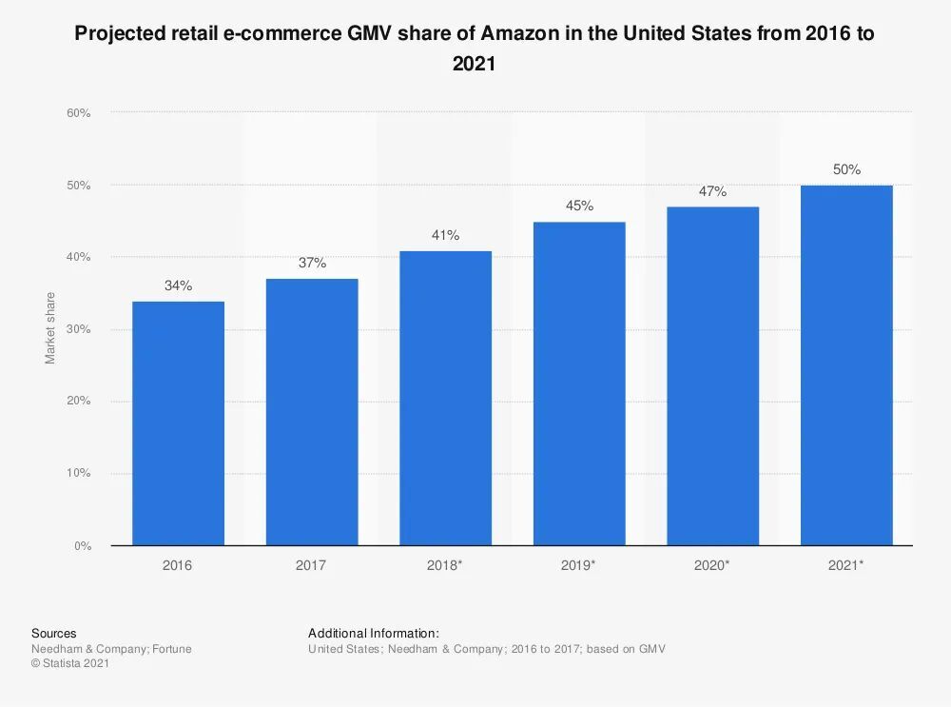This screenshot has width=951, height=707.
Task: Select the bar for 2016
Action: pos(178,423)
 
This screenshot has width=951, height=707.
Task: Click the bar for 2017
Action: pos(312,412)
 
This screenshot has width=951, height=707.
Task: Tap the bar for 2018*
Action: pos(445,398)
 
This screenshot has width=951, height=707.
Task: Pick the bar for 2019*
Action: pos(579,383)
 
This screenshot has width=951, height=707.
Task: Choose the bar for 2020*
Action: pos(712,376)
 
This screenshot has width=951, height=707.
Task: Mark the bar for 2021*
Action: pos(846,365)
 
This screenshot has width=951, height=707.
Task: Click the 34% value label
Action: pos(178,285)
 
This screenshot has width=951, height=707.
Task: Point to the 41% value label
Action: pos(445,235)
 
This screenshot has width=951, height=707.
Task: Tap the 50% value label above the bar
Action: pos(846,169)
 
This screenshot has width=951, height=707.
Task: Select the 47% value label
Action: pos(712,191)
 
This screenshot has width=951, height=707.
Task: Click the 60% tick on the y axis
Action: pos(78,113)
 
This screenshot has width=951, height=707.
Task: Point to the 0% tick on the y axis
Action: pos(82,546)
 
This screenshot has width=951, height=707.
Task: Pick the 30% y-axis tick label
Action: pos(78,329)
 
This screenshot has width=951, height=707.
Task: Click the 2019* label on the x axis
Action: pos(579,565)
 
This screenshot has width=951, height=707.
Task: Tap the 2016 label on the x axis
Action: pos(178,565)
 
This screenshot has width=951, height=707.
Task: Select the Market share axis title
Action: pos(50,328)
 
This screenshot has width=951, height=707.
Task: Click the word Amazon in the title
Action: pos(520,33)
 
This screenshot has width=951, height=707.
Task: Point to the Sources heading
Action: pos(54,633)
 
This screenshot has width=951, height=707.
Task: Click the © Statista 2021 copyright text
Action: pos(70,664)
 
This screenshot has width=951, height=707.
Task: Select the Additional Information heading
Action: pos(374,633)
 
